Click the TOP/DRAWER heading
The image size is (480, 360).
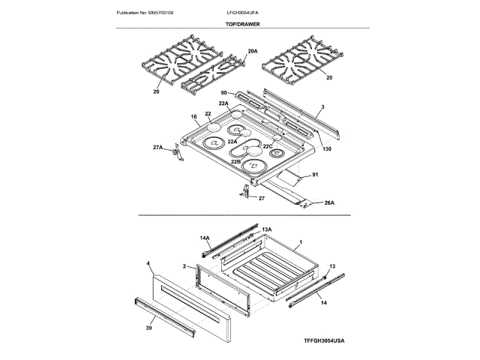pyautogui.click(x=241, y=25)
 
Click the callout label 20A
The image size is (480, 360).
pyautogui.click(x=253, y=52)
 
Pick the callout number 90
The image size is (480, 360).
pyautogui.click(x=224, y=93)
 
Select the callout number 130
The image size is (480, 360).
pyautogui.click(x=327, y=148)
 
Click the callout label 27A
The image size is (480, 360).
pyautogui.click(x=158, y=148)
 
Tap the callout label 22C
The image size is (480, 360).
pyautogui.click(x=268, y=146)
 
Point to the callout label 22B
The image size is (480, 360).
pyautogui.click(x=235, y=161)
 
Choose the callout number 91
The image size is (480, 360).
pyautogui.click(x=314, y=175)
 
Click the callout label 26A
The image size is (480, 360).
pyautogui.click(x=328, y=202)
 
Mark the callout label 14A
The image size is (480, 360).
pyautogui.click(x=205, y=238)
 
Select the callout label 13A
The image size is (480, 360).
pyautogui.click(x=265, y=227)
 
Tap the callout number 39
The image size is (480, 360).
pyautogui.click(x=148, y=328)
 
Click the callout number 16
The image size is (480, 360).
pyautogui.click(x=193, y=118)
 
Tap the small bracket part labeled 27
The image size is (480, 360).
pyautogui.click(x=245, y=191)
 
